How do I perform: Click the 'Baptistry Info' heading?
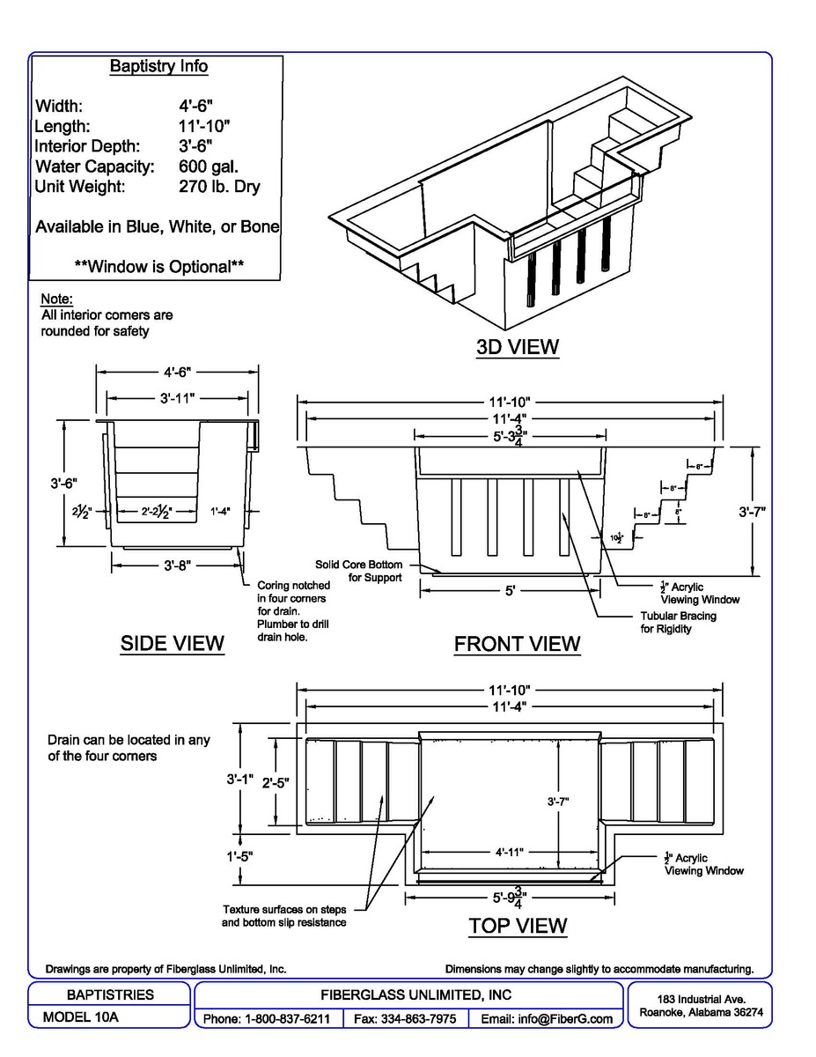pyautogui.click(x=158, y=66)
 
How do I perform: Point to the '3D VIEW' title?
pyautogui.click(x=518, y=346)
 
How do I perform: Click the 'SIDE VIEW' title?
pyautogui.click(x=173, y=644)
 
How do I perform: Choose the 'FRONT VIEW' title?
pyautogui.click(x=517, y=644)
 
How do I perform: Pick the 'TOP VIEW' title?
pyautogui.click(x=518, y=925)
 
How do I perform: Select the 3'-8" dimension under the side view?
pyautogui.click(x=178, y=565)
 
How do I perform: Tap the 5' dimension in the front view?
pyautogui.click(x=510, y=592)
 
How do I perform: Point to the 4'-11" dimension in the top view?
pyautogui.click(x=510, y=852)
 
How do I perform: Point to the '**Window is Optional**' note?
pyautogui.click(x=158, y=266)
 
